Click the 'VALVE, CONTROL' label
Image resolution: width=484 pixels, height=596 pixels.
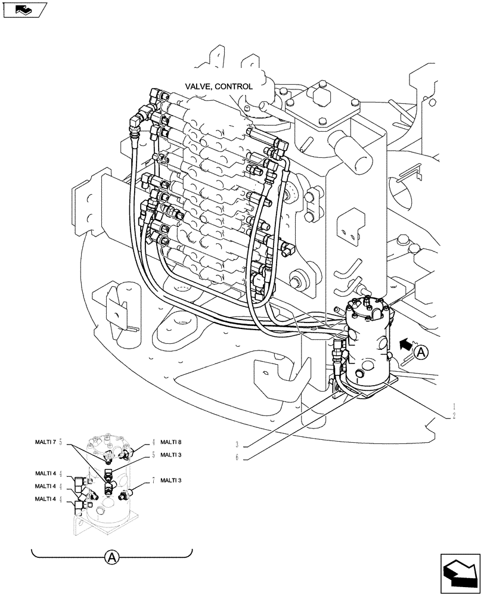[218, 86]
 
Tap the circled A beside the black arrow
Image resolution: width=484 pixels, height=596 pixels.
[421, 352]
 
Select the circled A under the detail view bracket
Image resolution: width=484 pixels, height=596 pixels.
[111, 557]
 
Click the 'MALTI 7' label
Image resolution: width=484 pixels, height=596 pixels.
[45, 442]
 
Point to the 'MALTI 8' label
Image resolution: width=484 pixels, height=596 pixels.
[170, 442]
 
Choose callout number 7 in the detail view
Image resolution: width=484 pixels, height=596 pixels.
[153, 480]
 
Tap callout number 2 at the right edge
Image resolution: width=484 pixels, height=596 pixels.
[454, 415]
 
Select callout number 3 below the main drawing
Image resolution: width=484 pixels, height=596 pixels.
[237, 445]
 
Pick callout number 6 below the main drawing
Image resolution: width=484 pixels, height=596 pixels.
[237, 458]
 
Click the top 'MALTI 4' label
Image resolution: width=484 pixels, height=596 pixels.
[45, 473]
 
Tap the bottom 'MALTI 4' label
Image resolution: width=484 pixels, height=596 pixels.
[45, 499]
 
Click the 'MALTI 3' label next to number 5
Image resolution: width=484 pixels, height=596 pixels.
[170, 455]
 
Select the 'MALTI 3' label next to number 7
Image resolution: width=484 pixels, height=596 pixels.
[170, 480]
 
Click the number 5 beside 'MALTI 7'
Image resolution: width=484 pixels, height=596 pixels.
[61, 442]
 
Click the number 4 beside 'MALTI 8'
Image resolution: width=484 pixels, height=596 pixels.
[153, 442]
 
